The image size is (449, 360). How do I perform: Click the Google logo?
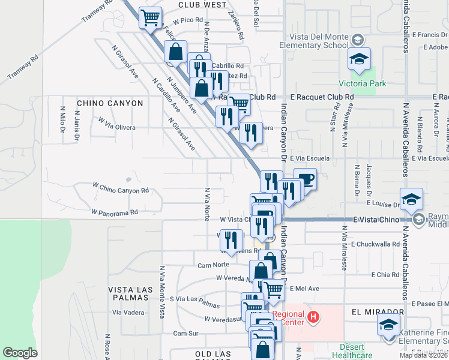20,353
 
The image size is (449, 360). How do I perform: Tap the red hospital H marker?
312,317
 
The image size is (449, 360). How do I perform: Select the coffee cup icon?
305,179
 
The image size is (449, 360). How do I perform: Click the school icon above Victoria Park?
359,59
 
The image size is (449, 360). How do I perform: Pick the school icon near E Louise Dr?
411,199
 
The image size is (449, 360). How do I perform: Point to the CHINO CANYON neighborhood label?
110,103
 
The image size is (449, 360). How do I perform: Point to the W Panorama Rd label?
115,212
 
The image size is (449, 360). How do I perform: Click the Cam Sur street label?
185,333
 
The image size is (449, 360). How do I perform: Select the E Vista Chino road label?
375,220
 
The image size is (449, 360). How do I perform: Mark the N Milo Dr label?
62,117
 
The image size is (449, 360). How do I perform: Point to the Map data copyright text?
423,355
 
